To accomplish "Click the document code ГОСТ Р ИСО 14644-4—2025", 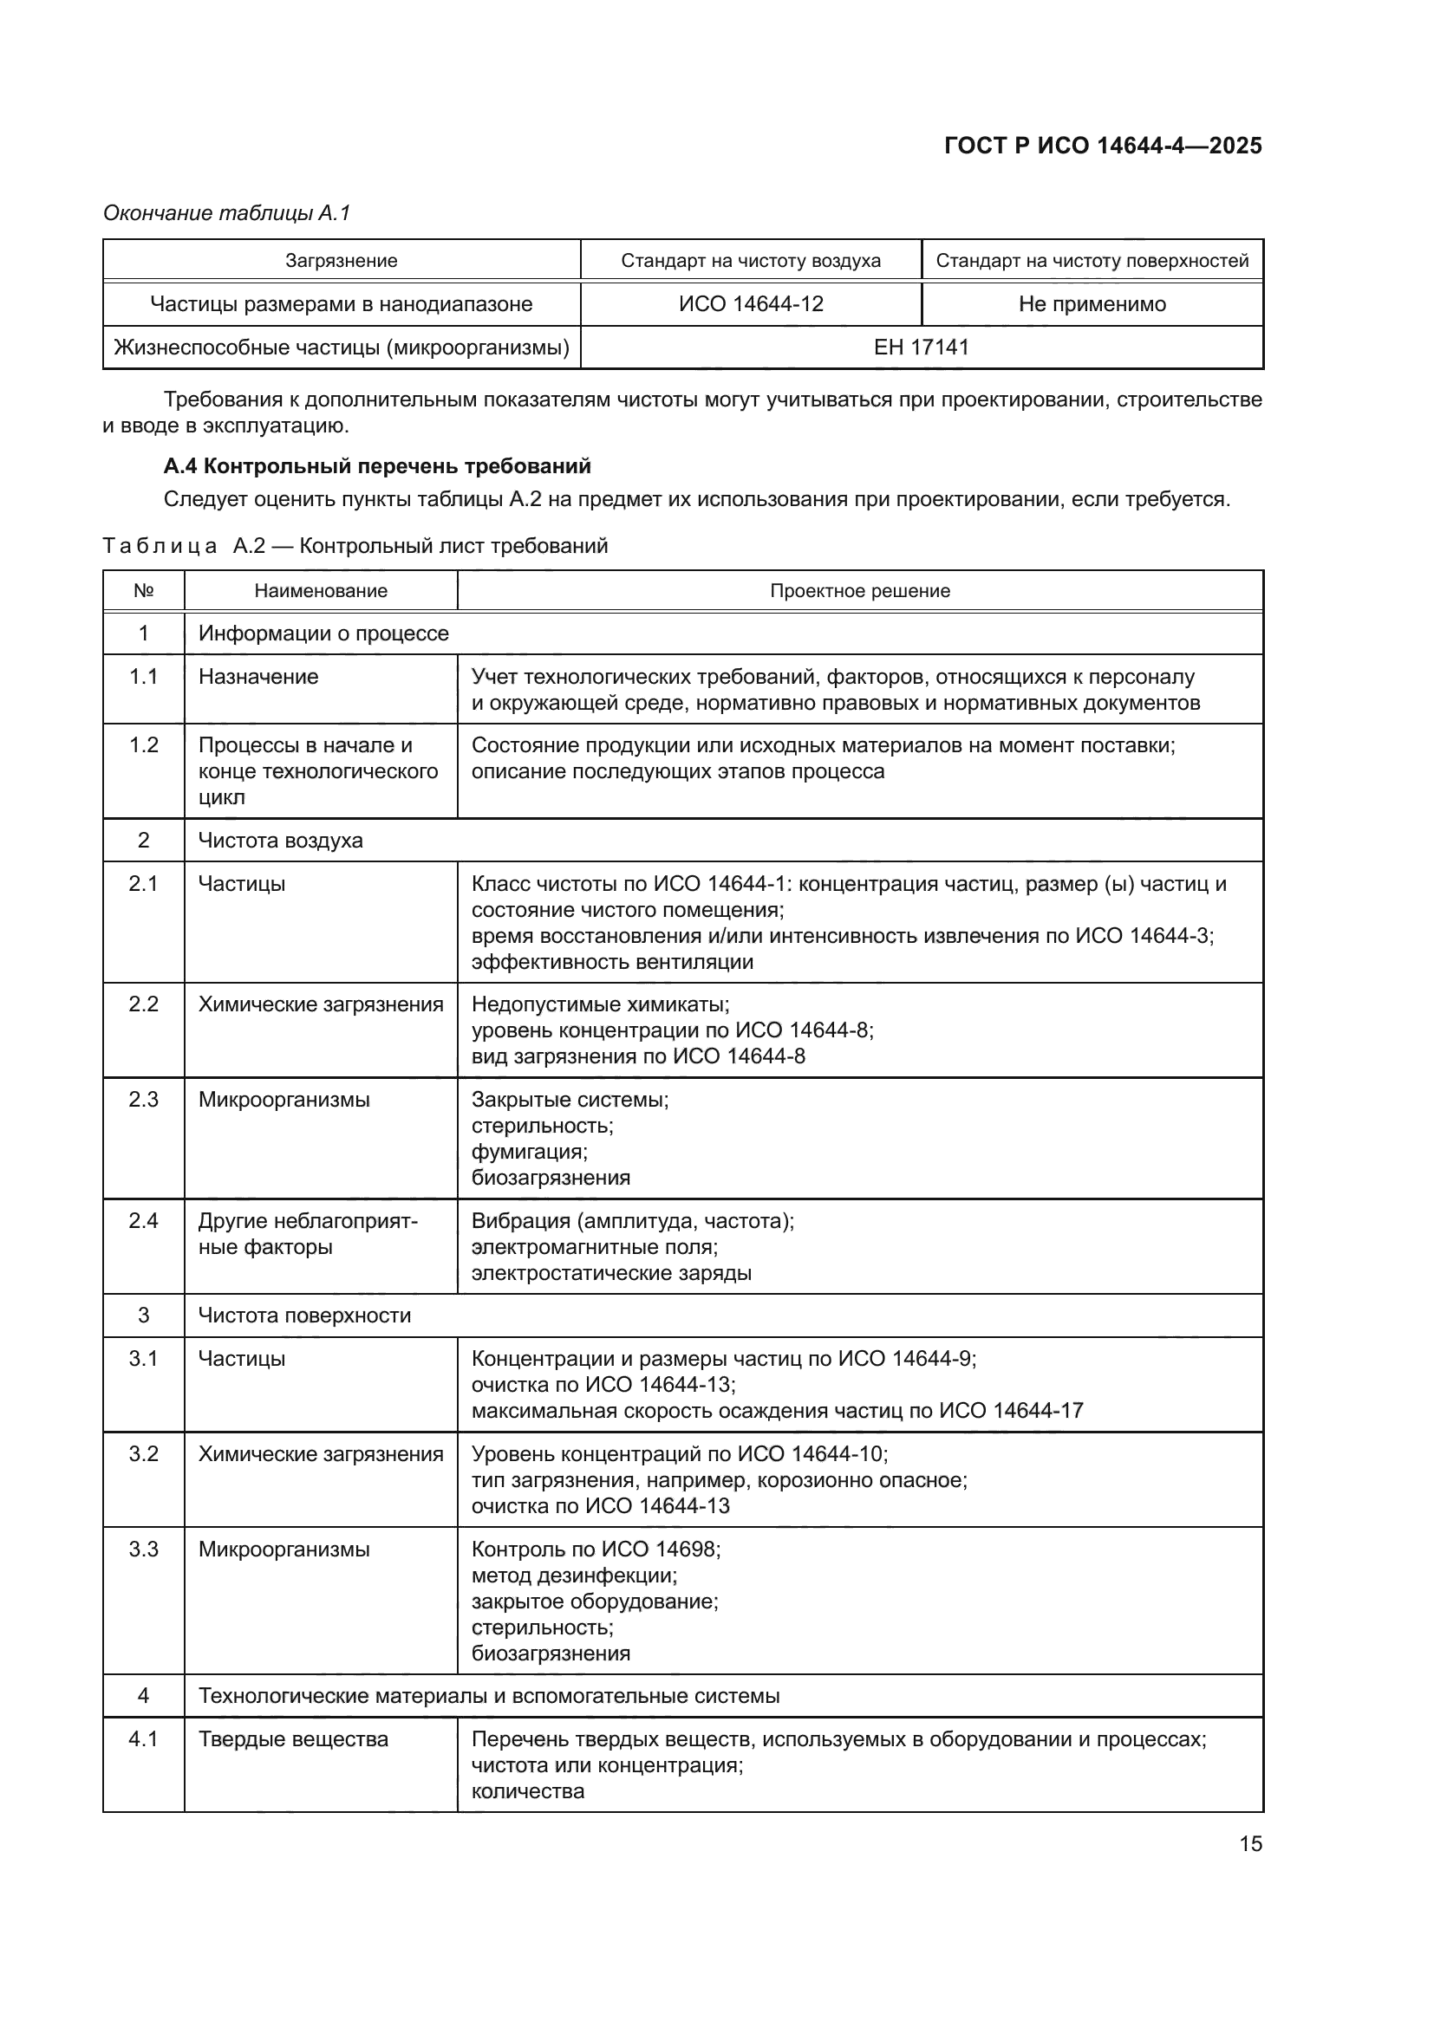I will (x=1102, y=146).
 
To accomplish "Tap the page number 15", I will (x=1250, y=1843).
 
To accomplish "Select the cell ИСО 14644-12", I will (x=751, y=303).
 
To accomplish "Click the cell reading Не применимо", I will (x=1092, y=303).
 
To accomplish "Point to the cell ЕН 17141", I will (x=921, y=347).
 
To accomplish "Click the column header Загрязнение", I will (x=341, y=261).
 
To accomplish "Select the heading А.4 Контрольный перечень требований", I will (x=377, y=465).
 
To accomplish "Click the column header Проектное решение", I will (x=859, y=591).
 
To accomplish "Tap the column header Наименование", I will (x=321, y=591).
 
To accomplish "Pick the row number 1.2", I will (x=143, y=745).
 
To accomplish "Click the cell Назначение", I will (x=257, y=676).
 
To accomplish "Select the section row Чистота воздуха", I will (x=280, y=840).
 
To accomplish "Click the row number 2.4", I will (x=143, y=1221).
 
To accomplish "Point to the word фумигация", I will (x=529, y=1151).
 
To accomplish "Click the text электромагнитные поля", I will (x=594, y=1246).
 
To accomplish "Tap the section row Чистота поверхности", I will (x=303, y=1316).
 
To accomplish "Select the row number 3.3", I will (x=143, y=1549).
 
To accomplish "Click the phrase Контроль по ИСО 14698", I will (x=595, y=1549).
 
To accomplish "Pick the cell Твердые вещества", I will (x=293, y=1739).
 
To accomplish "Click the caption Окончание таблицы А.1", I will (x=227, y=213).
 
